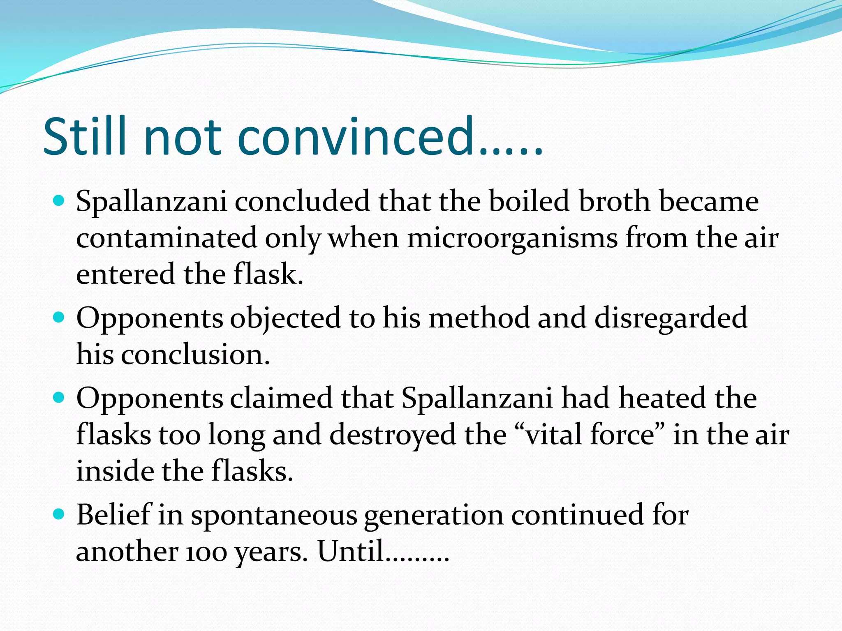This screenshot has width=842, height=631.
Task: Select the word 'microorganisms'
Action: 512,238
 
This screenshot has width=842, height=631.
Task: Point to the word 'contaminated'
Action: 167,238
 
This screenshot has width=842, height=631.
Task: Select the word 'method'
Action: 479,318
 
